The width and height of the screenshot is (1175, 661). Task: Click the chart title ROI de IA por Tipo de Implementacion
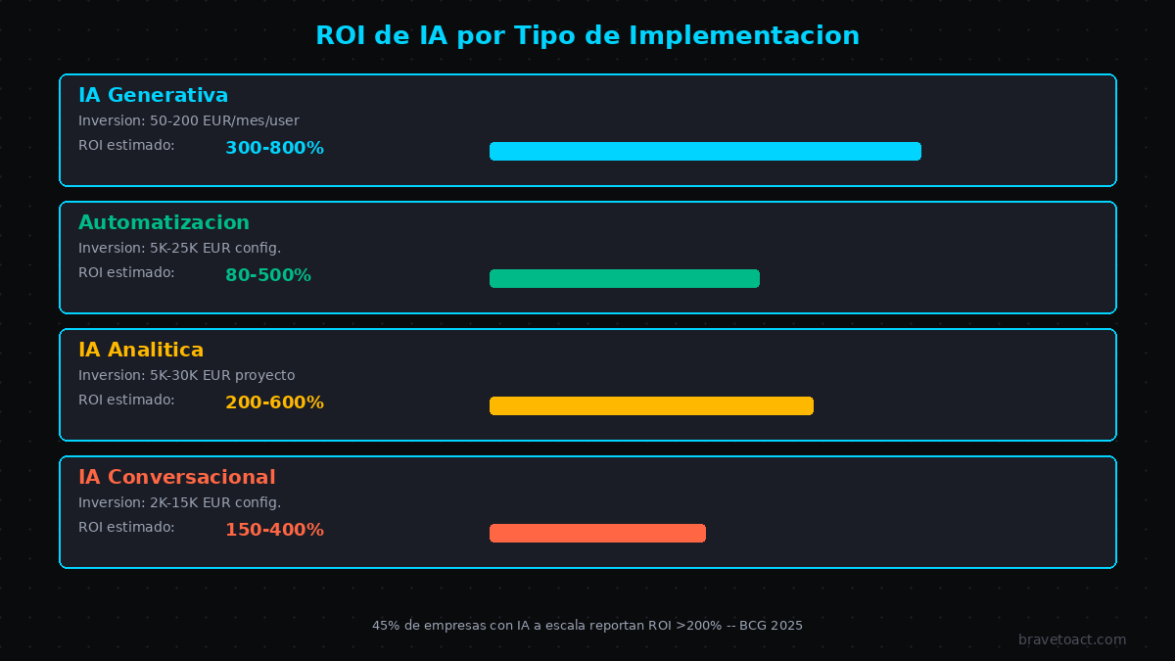[x=587, y=36]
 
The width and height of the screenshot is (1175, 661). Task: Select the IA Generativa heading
[x=153, y=95]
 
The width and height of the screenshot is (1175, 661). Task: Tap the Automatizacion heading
[x=164, y=222]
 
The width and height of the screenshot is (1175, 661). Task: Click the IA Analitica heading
[x=141, y=350]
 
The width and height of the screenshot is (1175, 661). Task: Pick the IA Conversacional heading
[x=176, y=477]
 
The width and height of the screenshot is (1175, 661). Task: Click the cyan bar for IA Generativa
[x=705, y=151]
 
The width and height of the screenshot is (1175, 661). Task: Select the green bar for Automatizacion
[x=625, y=278]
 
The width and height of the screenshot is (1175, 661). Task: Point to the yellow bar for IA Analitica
[x=651, y=405]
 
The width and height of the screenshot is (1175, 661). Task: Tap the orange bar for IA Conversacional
[x=597, y=533]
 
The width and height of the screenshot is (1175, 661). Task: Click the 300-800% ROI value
[x=274, y=149]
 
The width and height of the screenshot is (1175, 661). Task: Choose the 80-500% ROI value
[x=268, y=276]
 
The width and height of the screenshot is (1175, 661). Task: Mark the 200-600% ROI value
[x=274, y=403]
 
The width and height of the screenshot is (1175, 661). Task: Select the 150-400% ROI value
[x=274, y=531]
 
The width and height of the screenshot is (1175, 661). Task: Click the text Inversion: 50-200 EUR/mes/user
[x=189, y=120]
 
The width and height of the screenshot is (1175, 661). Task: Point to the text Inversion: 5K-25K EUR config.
[x=179, y=248]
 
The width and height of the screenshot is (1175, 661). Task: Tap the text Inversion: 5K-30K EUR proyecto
[x=186, y=375]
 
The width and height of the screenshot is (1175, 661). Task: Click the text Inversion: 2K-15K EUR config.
[x=179, y=502]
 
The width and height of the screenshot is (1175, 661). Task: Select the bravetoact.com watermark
[x=1072, y=639]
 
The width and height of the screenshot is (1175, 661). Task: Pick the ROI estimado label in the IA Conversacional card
[x=126, y=527]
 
